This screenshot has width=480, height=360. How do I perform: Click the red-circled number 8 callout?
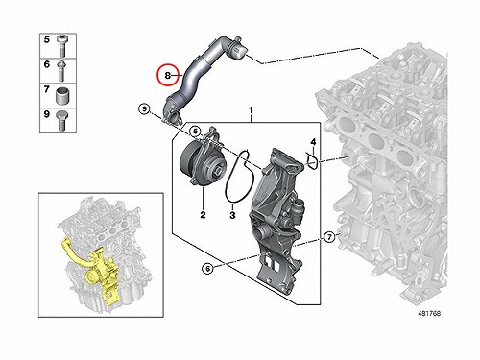[167, 76]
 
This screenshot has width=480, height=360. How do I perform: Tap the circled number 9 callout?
[144, 109]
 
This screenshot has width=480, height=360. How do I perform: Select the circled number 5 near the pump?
[194, 132]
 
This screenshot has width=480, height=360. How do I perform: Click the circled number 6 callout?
[208, 268]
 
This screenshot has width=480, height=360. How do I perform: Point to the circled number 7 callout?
[329, 237]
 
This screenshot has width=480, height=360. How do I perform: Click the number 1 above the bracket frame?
[251, 110]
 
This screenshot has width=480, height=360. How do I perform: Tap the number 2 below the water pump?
[203, 215]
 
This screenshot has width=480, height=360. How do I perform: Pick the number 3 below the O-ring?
[232, 215]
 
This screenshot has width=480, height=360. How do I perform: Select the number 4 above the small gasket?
[313, 142]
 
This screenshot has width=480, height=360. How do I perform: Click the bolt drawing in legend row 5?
[61, 45]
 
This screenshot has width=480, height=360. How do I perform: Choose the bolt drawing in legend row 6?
[60, 70]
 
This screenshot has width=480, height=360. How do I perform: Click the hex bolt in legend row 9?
[60, 120]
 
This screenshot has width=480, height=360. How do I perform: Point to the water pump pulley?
[189, 160]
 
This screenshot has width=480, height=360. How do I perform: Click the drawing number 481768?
[429, 314]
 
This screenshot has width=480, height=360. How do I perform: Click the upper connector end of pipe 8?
[237, 51]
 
